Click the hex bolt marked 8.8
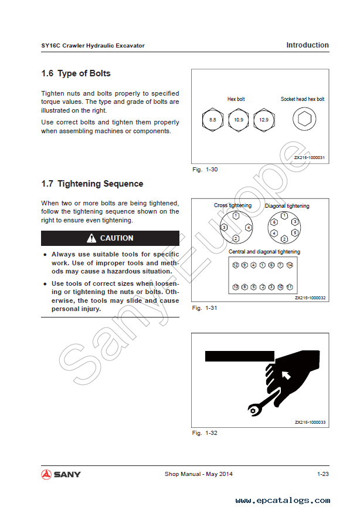coord(212,120)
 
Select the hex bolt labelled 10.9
coord(238,120)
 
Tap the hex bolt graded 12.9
coord(264,120)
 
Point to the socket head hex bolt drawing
coord(303,120)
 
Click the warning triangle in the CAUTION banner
coord(91,238)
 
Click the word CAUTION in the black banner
coord(117,238)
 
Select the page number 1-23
coord(322,474)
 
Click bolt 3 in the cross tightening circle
coord(223,227)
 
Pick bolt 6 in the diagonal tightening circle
coord(274,222)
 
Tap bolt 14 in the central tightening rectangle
coord(290,265)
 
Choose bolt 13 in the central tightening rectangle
coord(236,287)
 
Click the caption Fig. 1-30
coord(205,170)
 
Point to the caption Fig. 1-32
coord(205,433)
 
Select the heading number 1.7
coord(47,184)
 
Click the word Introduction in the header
coord(307,45)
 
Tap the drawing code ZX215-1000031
coord(310,157)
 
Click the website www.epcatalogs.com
coord(283,501)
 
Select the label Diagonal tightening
coord(287,206)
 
